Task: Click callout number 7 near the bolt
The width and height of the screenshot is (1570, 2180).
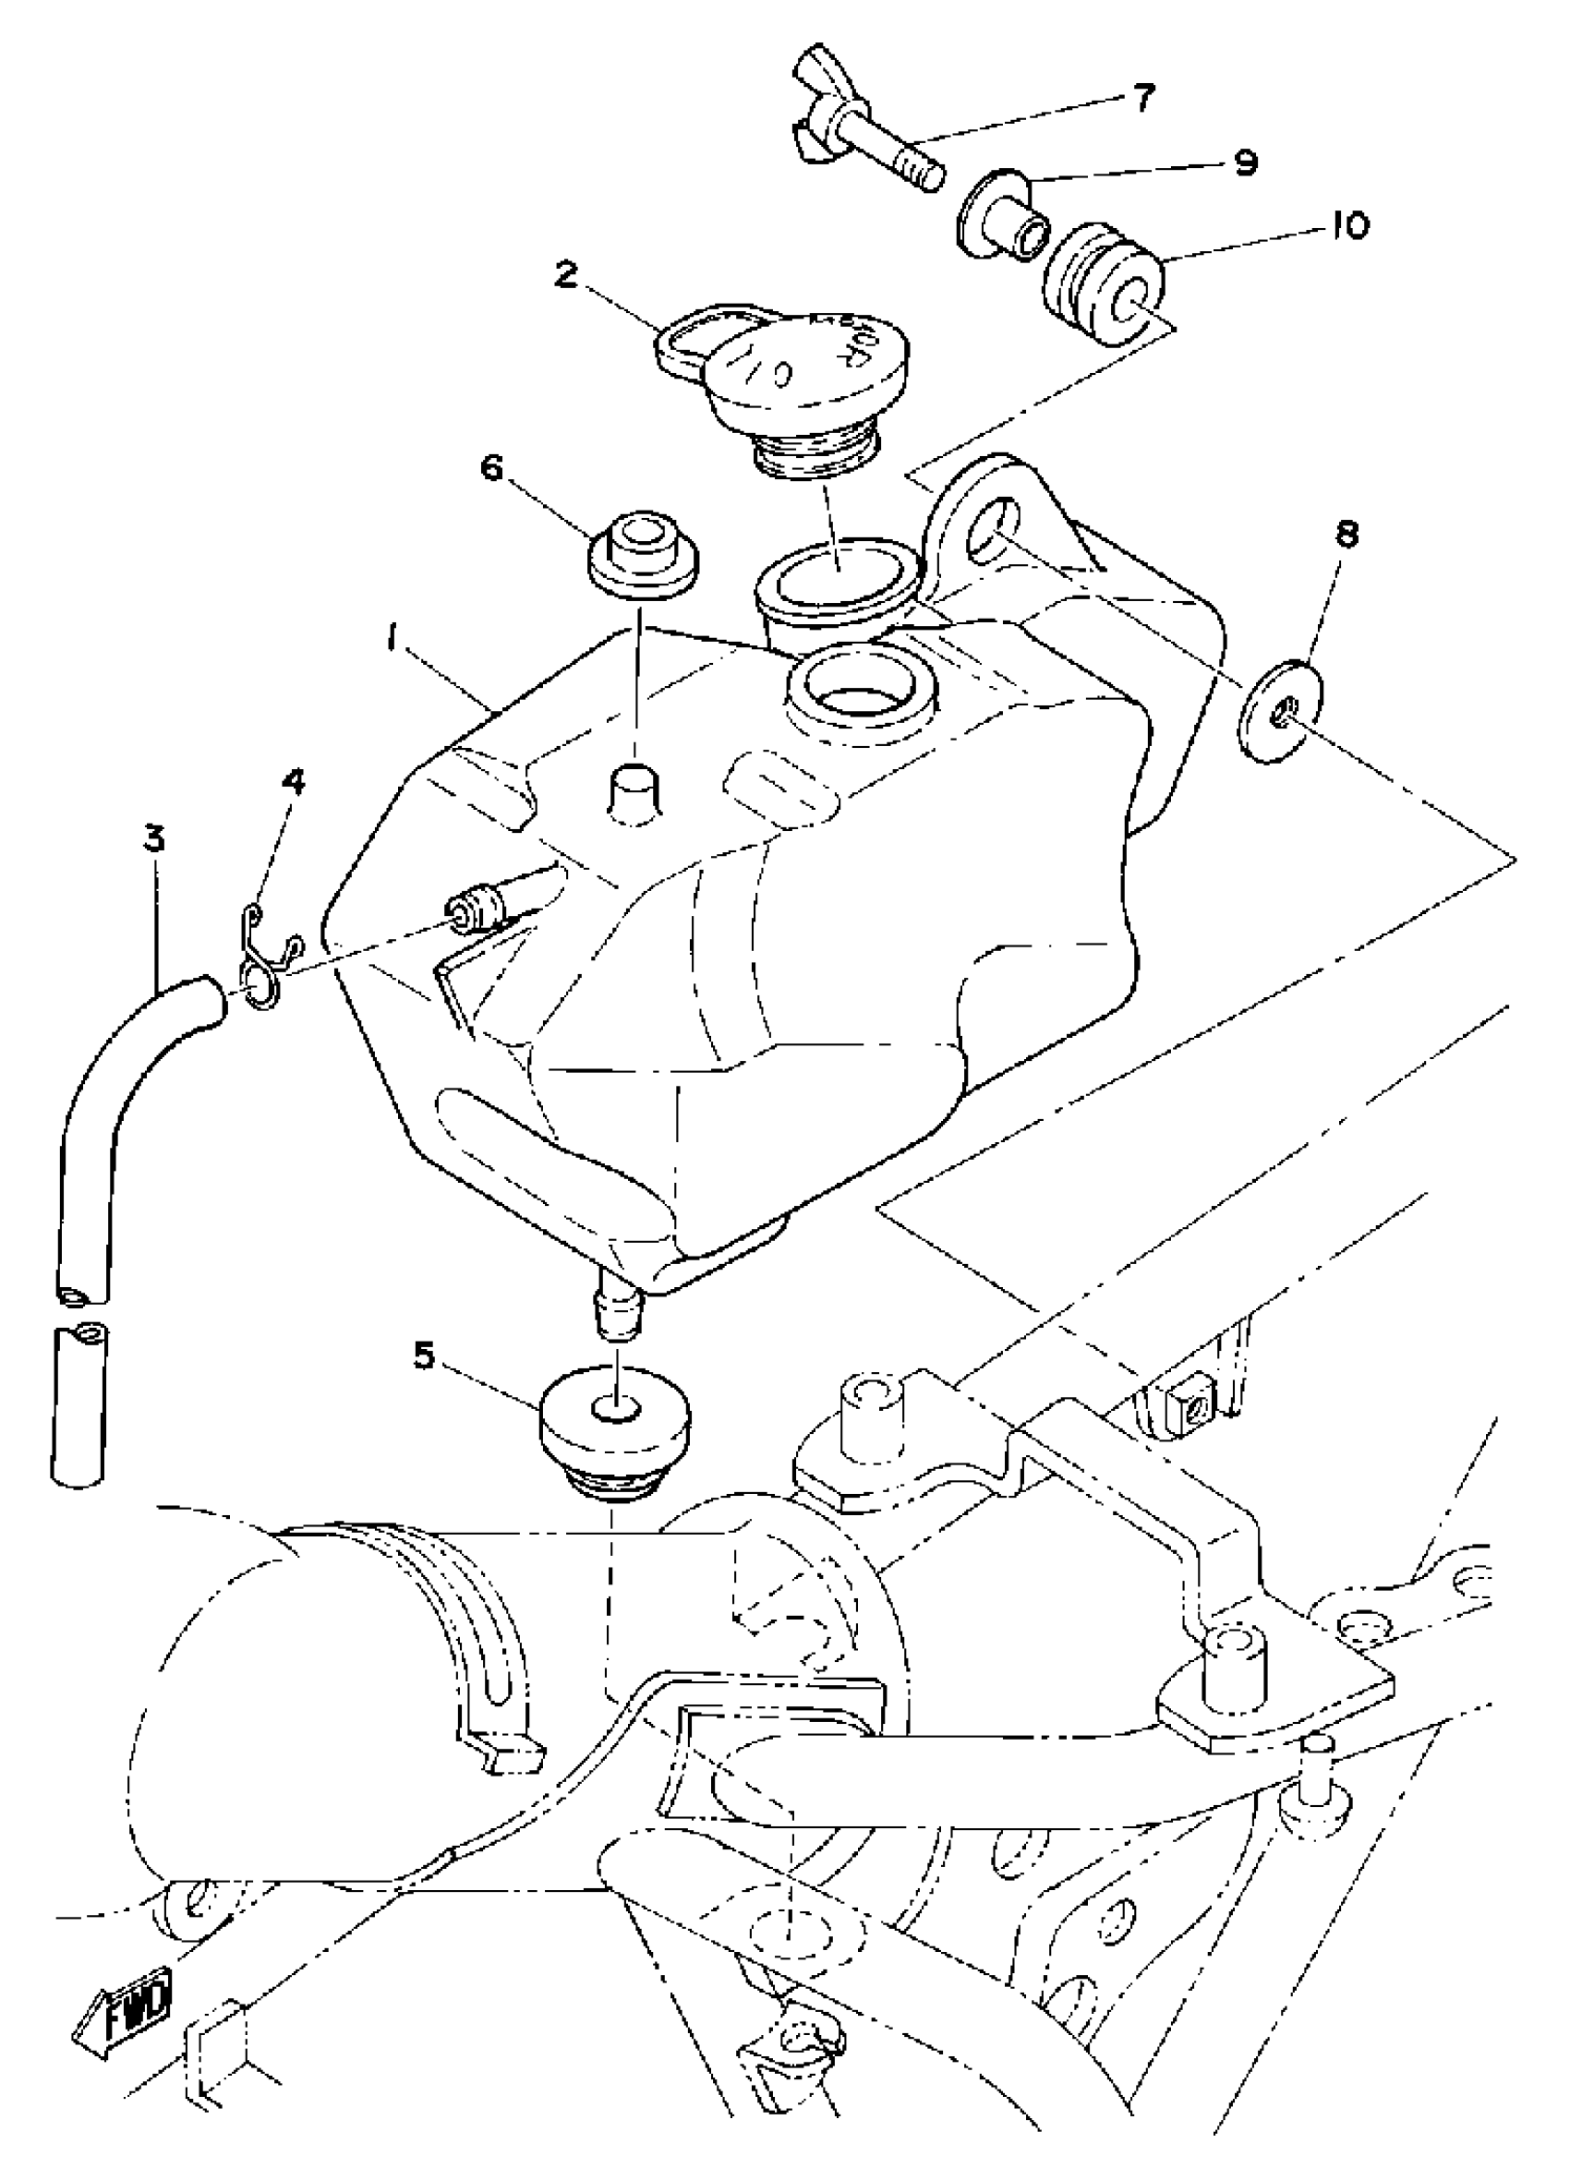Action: (x=1141, y=98)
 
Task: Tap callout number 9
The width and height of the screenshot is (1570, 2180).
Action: (x=1244, y=163)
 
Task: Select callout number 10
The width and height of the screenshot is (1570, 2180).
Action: (x=1350, y=226)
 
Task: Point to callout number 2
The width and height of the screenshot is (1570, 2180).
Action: (x=566, y=276)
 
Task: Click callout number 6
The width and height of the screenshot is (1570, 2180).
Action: (x=491, y=470)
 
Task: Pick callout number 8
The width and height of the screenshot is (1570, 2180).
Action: (x=1346, y=536)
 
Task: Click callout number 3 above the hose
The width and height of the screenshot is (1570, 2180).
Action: (x=154, y=838)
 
